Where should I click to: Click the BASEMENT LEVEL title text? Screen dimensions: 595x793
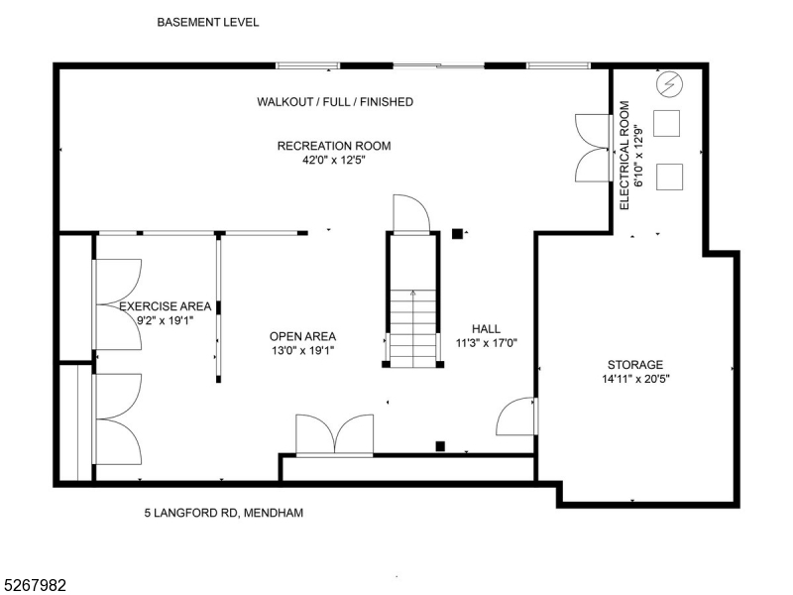click(208, 21)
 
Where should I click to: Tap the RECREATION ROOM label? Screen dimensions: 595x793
click(333, 146)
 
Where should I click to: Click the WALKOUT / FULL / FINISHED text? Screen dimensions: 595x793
click(335, 102)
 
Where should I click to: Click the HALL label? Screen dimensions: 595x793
click(486, 329)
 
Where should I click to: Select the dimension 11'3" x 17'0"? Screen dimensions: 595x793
click(487, 343)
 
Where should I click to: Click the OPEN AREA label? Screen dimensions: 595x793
click(302, 336)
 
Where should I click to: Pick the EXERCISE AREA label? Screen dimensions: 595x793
click(165, 306)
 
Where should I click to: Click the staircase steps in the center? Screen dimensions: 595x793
click(412, 327)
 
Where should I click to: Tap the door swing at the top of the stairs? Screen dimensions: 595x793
click(410, 212)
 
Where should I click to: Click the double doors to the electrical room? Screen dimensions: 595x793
click(592, 148)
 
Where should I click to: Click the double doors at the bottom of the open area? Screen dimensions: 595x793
click(335, 436)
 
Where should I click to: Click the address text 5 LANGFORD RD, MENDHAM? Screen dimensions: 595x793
click(224, 513)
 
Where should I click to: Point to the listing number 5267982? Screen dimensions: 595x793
click(35, 586)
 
